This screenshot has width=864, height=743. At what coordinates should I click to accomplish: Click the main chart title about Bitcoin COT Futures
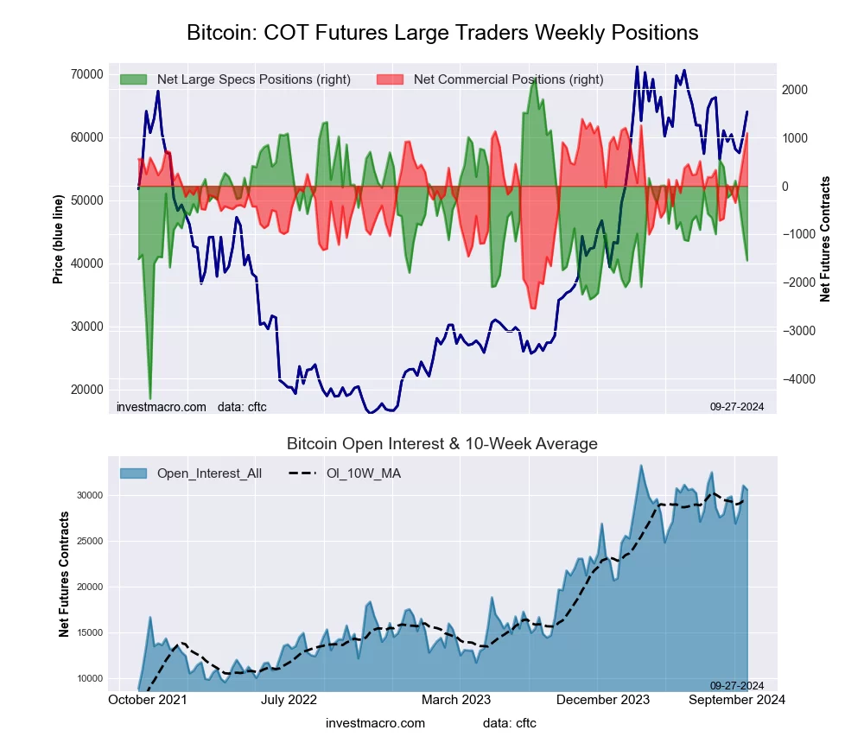(x=442, y=33)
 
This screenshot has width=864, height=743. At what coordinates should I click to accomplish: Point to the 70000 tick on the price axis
(x=86, y=74)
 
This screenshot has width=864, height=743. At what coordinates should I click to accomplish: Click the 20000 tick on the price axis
(x=86, y=390)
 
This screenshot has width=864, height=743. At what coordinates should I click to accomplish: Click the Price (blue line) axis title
(x=58, y=239)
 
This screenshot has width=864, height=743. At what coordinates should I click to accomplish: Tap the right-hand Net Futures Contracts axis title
(x=825, y=239)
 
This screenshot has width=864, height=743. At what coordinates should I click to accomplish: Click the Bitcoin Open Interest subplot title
(x=442, y=444)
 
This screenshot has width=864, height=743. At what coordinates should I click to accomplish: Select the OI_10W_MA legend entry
(x=364, y=473)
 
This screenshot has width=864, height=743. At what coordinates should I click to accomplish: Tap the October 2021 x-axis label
(x=148, y=700)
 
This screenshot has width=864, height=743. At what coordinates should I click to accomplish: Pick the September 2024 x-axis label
(x=736, y=700)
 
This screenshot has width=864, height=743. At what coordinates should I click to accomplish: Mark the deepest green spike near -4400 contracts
(x=150, y=397)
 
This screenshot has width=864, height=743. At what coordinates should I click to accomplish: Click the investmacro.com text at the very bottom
(x=375, y=723)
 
